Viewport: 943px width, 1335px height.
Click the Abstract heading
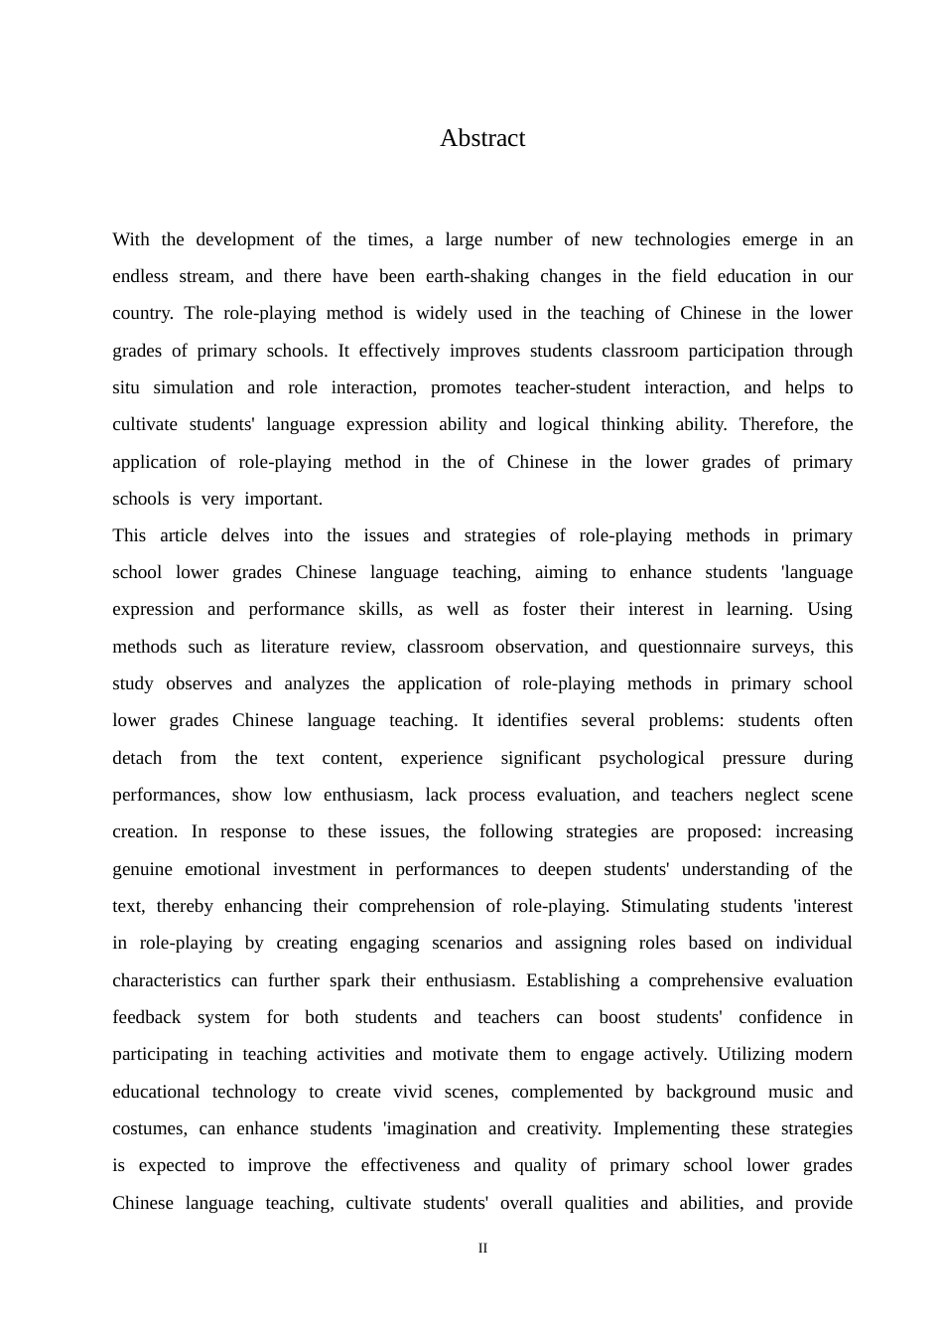(x=482, y=138)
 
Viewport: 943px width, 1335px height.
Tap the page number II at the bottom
(x=482, y=1248)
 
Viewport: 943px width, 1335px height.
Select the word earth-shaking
(x=477, y=276)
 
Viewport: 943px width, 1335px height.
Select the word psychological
(x=651, y=758)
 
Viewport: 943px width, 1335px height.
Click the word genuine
(x=142, y=869)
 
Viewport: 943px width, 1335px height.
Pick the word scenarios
(x=467, y=943)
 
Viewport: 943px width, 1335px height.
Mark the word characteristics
(x=167, y=980)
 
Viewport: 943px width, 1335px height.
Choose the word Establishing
(x=573, y=980)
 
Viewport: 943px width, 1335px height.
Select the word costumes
(x=149, y=1128)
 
